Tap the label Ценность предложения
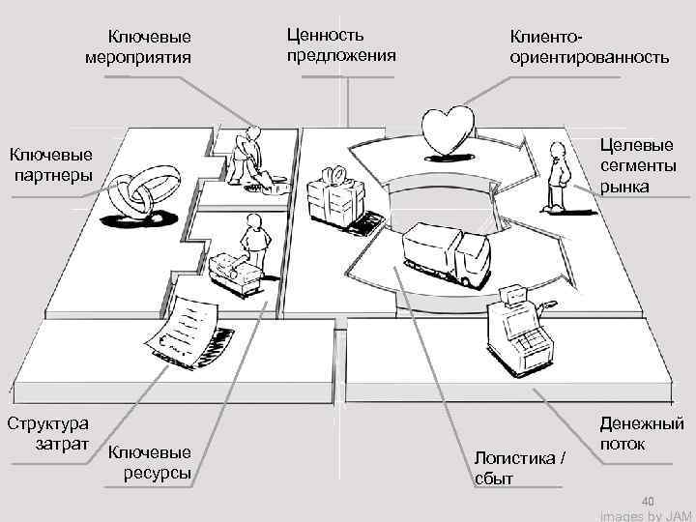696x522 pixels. point(340,44)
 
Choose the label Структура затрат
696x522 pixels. point(48,434)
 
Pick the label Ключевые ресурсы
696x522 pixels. point(150,462)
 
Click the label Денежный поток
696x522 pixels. point(642,434)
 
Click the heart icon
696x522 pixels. point(449,129)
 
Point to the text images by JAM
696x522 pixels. point(646,516)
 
